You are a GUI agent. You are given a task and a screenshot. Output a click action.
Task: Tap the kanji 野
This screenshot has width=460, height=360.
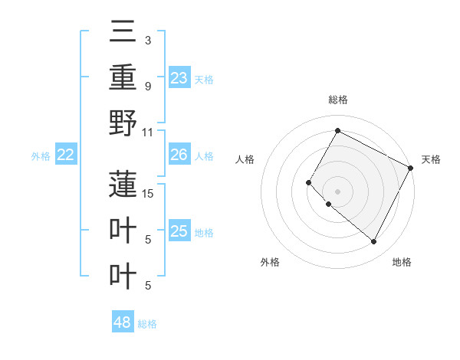click(123, 123)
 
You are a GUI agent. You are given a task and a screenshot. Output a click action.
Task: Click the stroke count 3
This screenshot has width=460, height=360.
click(147, 40)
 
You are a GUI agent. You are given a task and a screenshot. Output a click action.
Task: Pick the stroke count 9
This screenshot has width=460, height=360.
click(147, 86)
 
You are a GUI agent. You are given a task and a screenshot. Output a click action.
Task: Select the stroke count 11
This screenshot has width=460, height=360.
click(148, 132)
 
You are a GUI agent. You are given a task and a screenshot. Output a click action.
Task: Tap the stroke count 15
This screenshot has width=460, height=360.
click(148, 193)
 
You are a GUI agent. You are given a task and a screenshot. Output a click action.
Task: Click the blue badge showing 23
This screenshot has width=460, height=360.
click(179, 77)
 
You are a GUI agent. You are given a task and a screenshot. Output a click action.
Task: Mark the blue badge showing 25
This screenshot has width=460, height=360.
click(179, 231)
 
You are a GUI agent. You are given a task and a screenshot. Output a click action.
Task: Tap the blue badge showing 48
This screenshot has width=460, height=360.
click(123, 322)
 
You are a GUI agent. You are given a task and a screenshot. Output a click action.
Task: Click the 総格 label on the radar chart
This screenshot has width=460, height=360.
click(338, 100)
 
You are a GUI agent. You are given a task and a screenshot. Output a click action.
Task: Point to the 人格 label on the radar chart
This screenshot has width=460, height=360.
click(245, 159)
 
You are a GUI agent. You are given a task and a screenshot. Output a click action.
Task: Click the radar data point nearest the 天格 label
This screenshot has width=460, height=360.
click(411, 168)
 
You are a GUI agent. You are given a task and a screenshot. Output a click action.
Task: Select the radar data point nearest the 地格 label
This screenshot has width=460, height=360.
click(374, 242)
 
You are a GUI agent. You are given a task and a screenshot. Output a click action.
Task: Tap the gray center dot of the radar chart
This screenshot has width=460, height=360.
click(337, 191)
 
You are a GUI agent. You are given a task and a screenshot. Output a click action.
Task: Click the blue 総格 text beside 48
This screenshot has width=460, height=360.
click(147, 324)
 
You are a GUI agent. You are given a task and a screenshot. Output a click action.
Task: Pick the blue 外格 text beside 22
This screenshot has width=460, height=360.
click(41, 156)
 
